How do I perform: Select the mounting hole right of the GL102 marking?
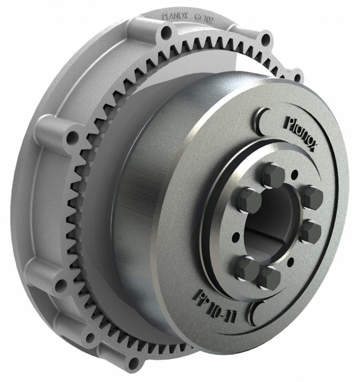(x=265, y=37)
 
